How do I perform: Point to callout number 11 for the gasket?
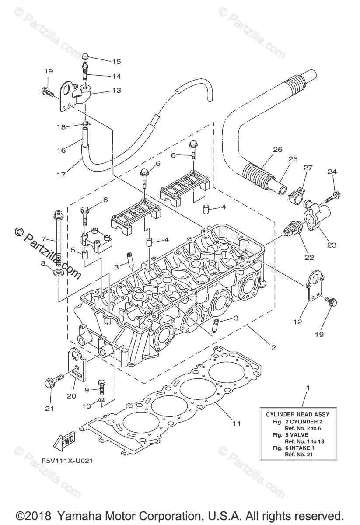coord(237,423)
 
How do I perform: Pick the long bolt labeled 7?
coord(57,238)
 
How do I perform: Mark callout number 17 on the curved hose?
coord(61,175)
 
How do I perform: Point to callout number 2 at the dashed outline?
coord(273,348)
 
